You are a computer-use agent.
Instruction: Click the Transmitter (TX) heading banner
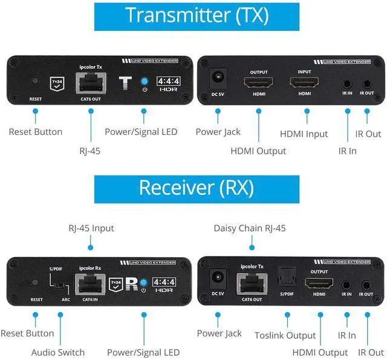(197, 16)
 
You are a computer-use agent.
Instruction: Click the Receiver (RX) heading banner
(197, 188)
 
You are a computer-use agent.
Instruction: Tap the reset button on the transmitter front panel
(36, 81)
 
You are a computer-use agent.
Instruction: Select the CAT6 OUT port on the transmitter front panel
(89, 82)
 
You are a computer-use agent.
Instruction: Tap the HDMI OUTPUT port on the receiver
(319, 282)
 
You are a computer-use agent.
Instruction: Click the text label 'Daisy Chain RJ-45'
(249, 228)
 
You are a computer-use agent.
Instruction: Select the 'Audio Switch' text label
(58, 352)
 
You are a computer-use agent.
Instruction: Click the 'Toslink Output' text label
(285, 335)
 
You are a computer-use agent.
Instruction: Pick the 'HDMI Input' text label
(304, 134)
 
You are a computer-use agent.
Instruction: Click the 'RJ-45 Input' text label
(91, 228)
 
